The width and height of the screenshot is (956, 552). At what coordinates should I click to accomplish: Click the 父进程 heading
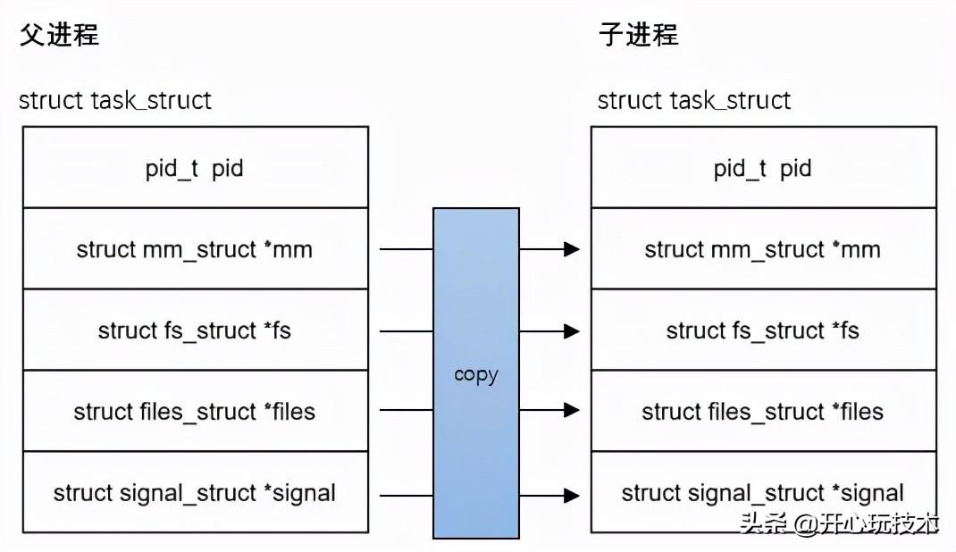(58, 35)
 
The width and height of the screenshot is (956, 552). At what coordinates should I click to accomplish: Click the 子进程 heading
(638, 35)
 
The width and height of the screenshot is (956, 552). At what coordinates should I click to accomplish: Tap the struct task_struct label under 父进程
(115, 100)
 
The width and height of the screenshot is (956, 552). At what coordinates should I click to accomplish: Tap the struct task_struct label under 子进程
(694, 100)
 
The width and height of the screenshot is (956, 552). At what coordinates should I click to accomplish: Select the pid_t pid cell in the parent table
(195, 168)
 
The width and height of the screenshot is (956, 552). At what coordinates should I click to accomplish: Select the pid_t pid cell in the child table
(763, 168)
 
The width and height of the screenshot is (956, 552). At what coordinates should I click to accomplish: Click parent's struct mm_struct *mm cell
(195, 249)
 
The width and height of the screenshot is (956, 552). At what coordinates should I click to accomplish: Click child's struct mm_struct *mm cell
(763, 249)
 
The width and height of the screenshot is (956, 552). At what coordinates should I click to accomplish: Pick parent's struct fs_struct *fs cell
(195, 330)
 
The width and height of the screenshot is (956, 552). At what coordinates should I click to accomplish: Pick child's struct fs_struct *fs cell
(763, 330)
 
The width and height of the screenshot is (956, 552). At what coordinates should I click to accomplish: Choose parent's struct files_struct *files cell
(195, 412)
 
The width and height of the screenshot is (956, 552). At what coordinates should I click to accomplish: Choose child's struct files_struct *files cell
(763, 412)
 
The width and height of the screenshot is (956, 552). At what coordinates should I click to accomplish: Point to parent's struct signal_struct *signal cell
(195, 493)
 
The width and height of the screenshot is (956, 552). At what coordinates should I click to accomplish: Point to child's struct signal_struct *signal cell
(763, 493)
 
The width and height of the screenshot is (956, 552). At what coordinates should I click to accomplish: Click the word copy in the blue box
(475, 374)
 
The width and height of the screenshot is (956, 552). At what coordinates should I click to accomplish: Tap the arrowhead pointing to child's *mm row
(572, 249)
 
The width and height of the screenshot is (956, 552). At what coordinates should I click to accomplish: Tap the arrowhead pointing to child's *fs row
(572, 331)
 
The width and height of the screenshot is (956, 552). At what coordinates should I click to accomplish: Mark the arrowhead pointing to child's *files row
(572, 411)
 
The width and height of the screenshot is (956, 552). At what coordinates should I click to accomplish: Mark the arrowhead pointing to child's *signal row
(572, 494)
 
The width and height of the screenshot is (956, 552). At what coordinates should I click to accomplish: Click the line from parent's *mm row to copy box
(407, 249)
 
